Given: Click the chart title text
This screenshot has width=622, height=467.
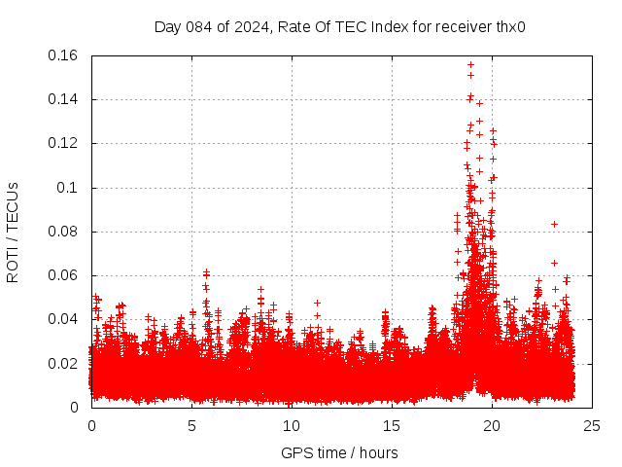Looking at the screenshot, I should [x=340, y=26].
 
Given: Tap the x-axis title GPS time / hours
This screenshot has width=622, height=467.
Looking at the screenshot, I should [x=339, y=452].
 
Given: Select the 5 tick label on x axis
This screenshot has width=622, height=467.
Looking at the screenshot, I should [x=191, y=425].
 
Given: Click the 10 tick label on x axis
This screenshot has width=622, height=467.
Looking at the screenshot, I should [x=292, y=425].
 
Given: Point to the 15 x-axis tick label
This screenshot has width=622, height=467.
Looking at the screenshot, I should [x=392, y=425].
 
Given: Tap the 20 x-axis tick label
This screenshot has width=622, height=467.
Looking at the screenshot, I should [x=492, y=425].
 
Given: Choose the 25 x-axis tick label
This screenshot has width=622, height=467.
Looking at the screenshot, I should [x=592, y=425].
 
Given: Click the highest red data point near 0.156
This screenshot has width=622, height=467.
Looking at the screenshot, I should [x=470, y=65].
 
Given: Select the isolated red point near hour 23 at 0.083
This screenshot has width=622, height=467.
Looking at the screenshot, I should [x=554, y=224].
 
